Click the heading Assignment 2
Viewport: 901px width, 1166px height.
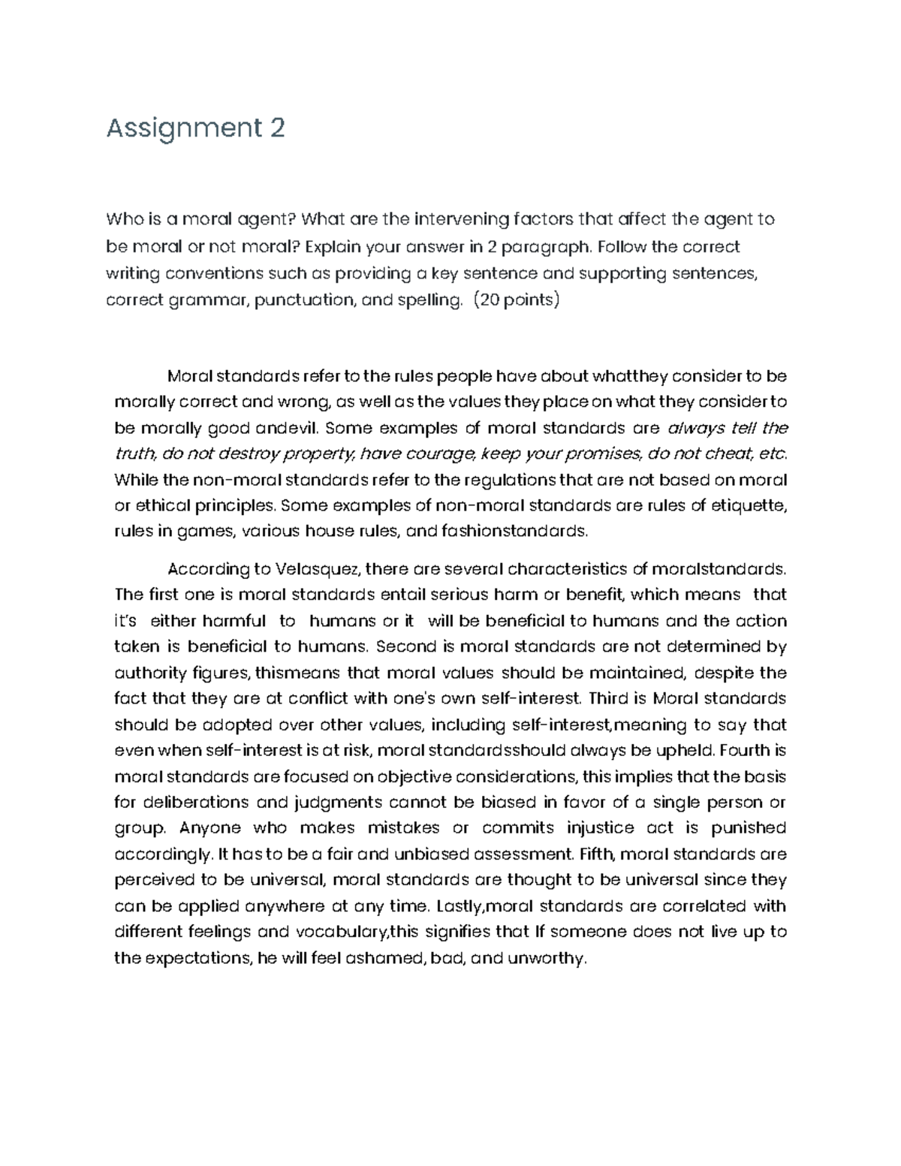click(x=195, y=128)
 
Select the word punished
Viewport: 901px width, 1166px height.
click(x=749, y=827)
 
